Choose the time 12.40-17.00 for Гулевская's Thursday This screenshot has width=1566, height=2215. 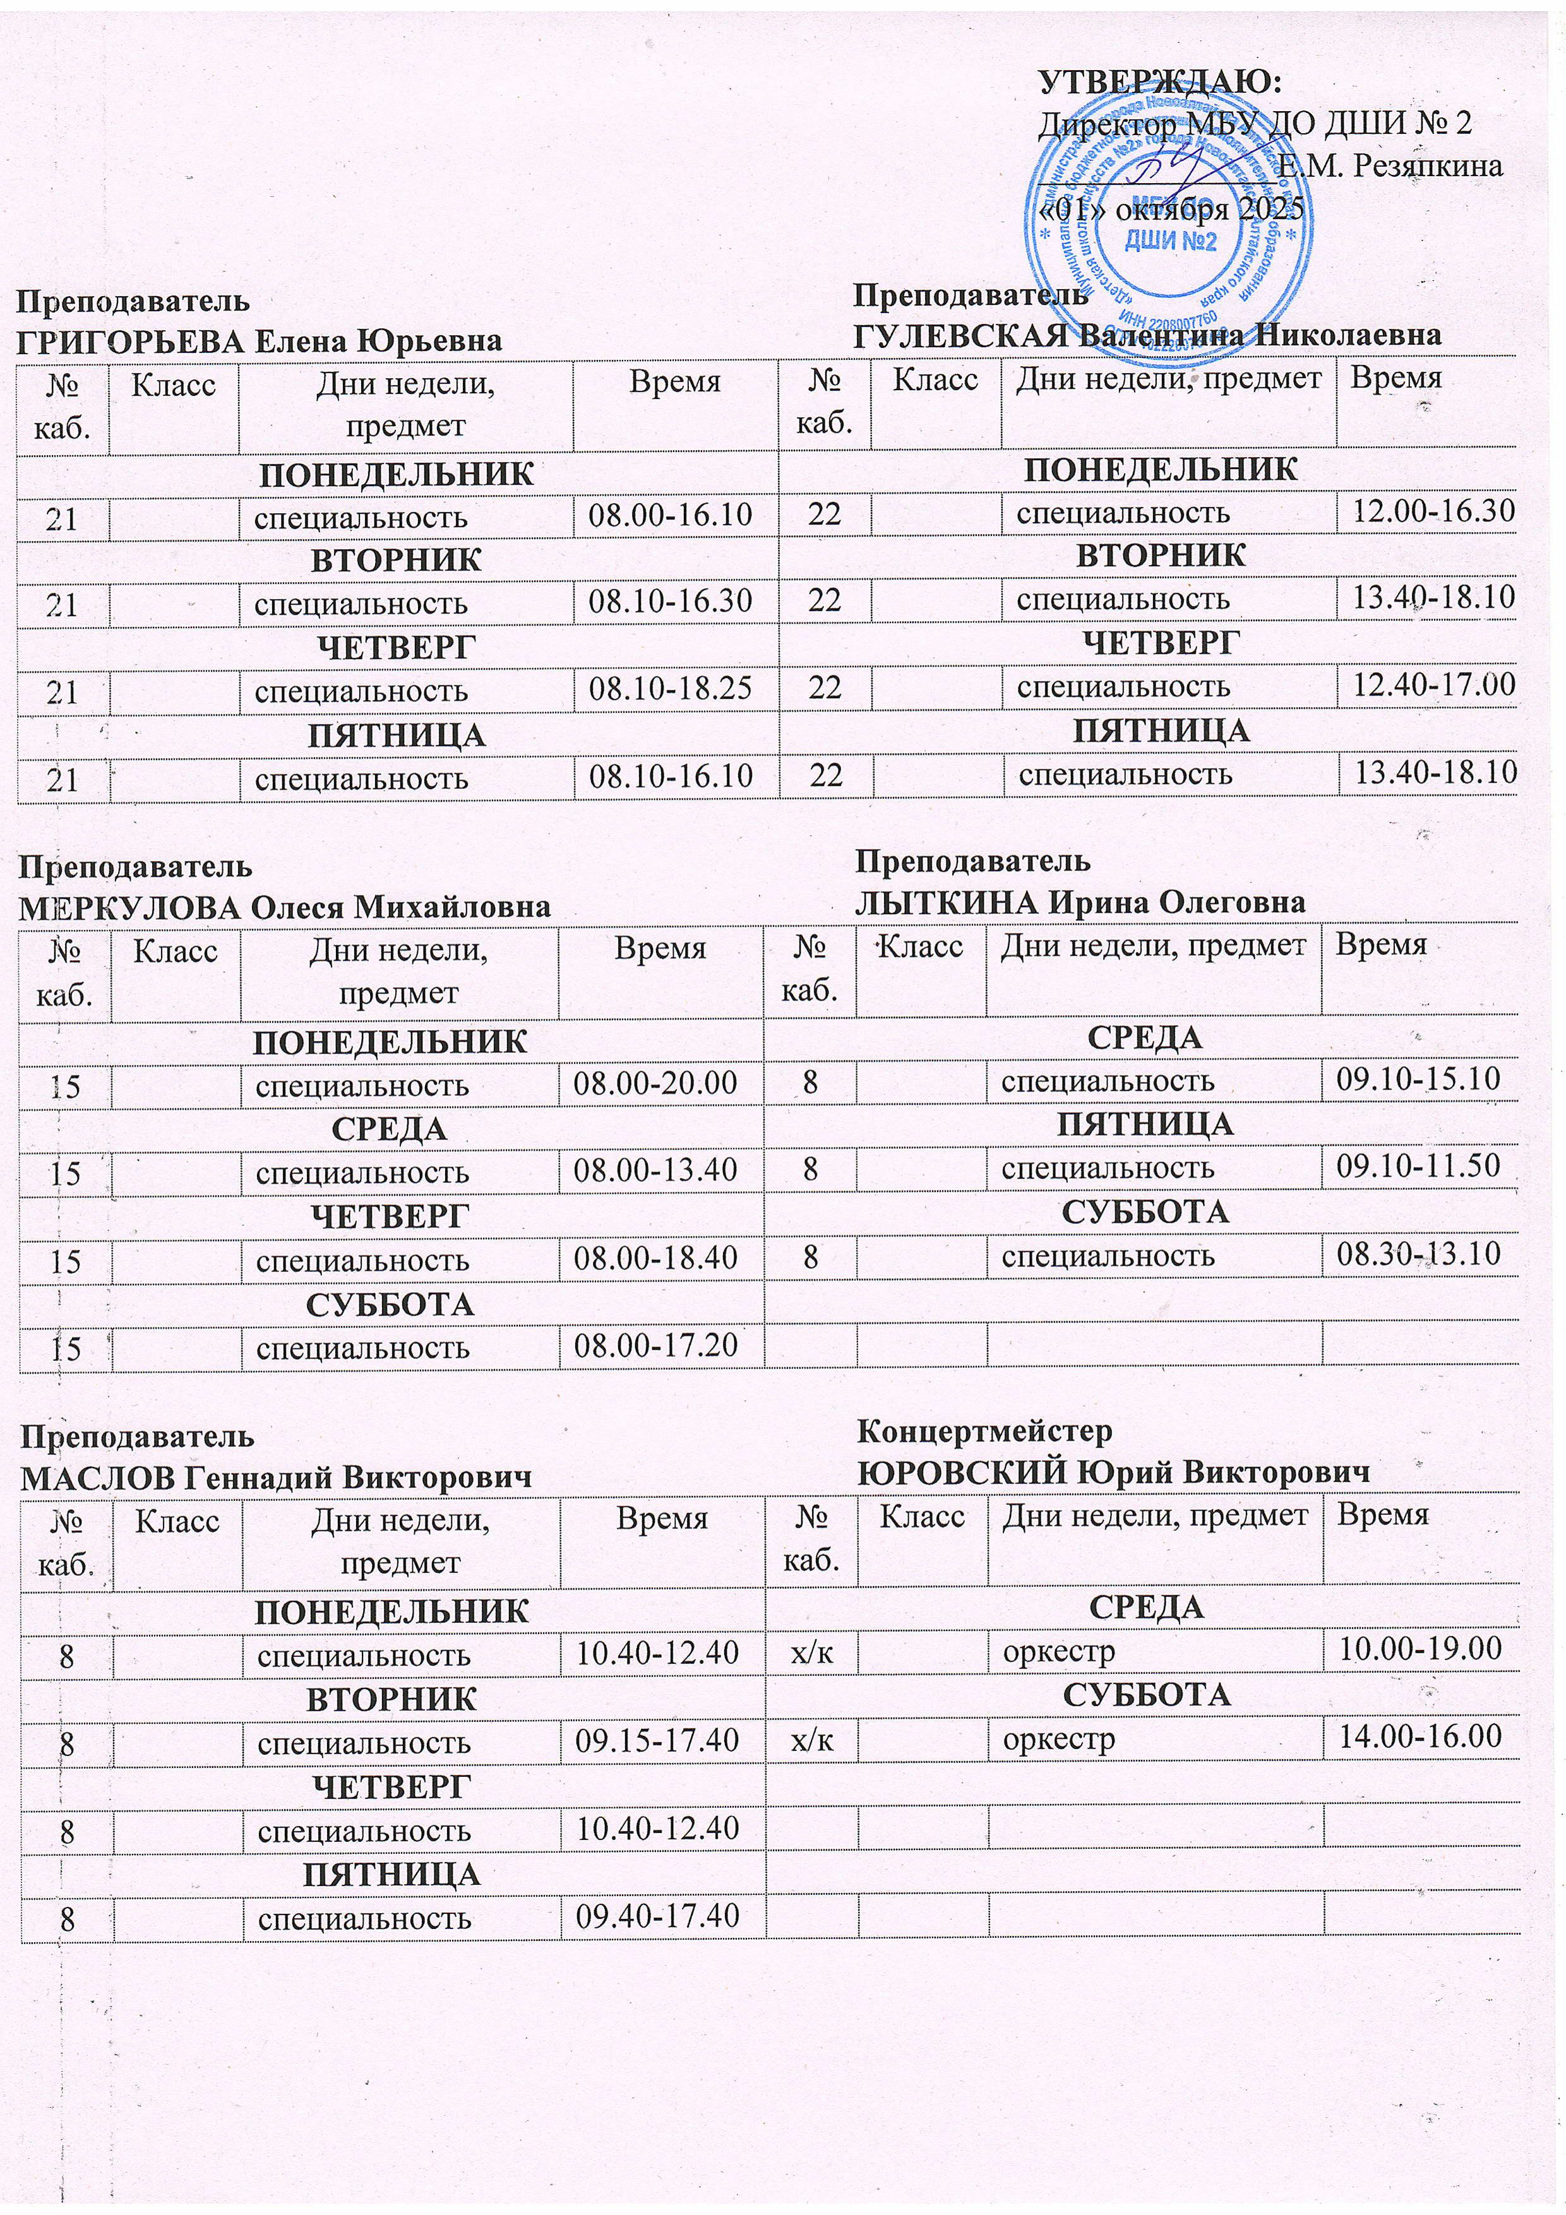click(1433, 686)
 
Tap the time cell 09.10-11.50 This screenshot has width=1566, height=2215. click(1418, 1167)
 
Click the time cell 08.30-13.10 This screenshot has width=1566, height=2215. click(1418, 1254)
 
